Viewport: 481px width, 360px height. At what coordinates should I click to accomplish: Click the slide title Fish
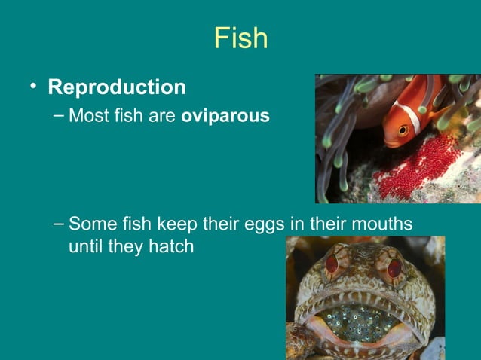tap(240, 38)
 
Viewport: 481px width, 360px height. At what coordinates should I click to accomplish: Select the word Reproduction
tap(117, 87)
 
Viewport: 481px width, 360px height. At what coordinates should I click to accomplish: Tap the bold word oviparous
tap(225, 117)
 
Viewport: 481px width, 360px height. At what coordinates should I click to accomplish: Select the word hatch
tap(173, 246)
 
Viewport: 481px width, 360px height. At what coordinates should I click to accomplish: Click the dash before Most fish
tap(60, 117)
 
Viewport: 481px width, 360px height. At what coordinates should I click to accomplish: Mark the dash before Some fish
tap(60, 224)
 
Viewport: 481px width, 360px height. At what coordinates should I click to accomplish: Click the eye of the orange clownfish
tap(403, 130)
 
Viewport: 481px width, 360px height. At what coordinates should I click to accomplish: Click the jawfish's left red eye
tap(332, 263)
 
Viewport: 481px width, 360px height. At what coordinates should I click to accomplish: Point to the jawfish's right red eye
tap(394, 267)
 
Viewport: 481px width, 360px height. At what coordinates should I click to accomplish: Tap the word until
tap(85, 246)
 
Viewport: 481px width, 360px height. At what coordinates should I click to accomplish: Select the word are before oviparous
tap(164, 117)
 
